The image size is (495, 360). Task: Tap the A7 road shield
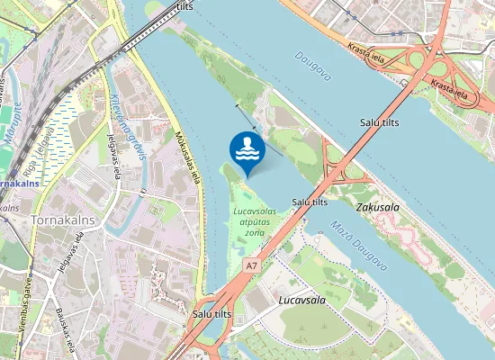[x=252, y=265]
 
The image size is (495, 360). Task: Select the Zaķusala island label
[x=378, y=207]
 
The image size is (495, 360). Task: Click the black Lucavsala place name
[x=301, y=298]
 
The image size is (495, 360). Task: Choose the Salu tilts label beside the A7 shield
[x=212, y=314]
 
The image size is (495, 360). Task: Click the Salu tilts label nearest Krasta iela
[x=380, y=121]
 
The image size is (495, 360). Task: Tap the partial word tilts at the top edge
[x=184, y=6]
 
